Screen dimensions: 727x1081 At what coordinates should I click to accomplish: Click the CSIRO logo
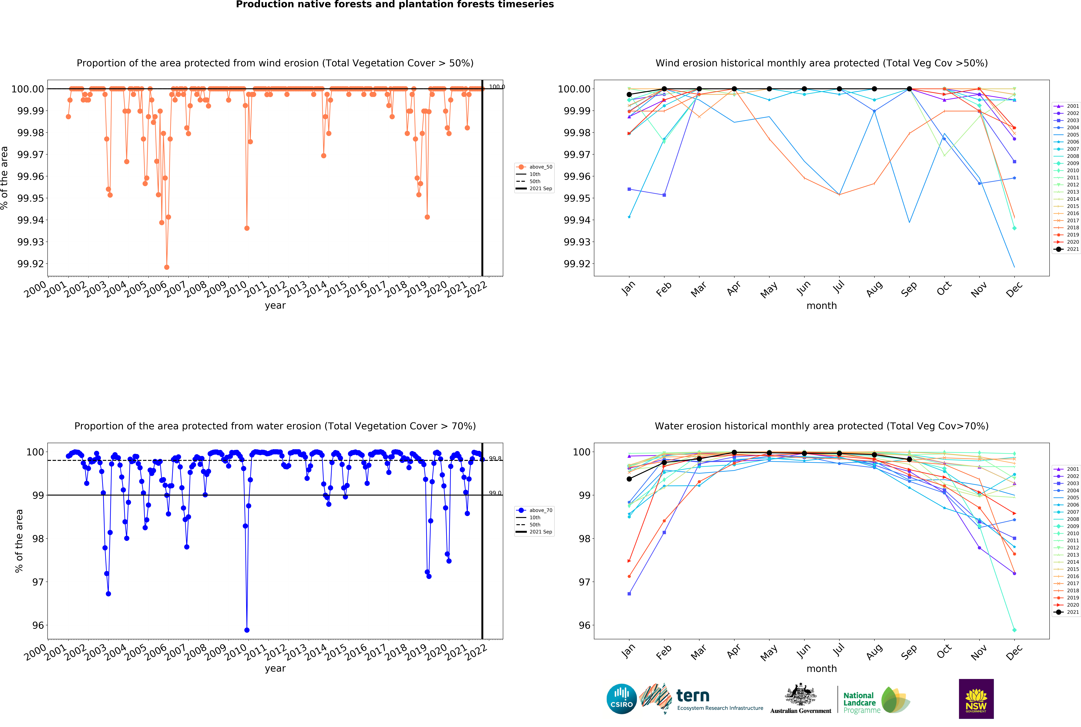[x=621, y=699]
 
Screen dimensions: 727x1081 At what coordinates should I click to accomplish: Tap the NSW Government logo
[x=976, y=699]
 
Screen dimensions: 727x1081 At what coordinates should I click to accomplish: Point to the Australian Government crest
[x=800, y=695]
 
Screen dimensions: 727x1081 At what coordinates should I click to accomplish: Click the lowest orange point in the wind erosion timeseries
[x=167, y=267]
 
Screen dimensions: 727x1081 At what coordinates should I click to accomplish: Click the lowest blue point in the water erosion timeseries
[x=247, y=630]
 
